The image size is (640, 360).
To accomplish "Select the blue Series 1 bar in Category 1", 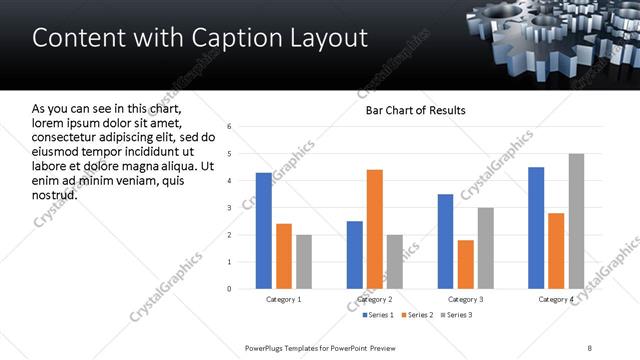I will coord(263,230).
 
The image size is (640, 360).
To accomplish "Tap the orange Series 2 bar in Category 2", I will coord(375,229).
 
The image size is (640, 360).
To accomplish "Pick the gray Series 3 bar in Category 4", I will coord(576,221).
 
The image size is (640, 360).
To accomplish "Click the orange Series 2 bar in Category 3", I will coord(466,264).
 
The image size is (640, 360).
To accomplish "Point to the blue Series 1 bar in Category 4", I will coord(536,228).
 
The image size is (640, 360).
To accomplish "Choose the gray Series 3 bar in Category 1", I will coord(304,261).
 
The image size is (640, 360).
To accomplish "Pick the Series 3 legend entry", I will coord(455,315).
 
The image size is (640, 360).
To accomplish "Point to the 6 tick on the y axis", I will coord(230,127).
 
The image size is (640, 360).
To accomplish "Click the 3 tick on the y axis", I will coord(230,208).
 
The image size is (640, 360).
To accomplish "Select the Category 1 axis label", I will coord(284,299).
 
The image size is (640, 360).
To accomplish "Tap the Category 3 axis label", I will coord(466,299).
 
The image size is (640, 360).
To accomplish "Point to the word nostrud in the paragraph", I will coord(55,193).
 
